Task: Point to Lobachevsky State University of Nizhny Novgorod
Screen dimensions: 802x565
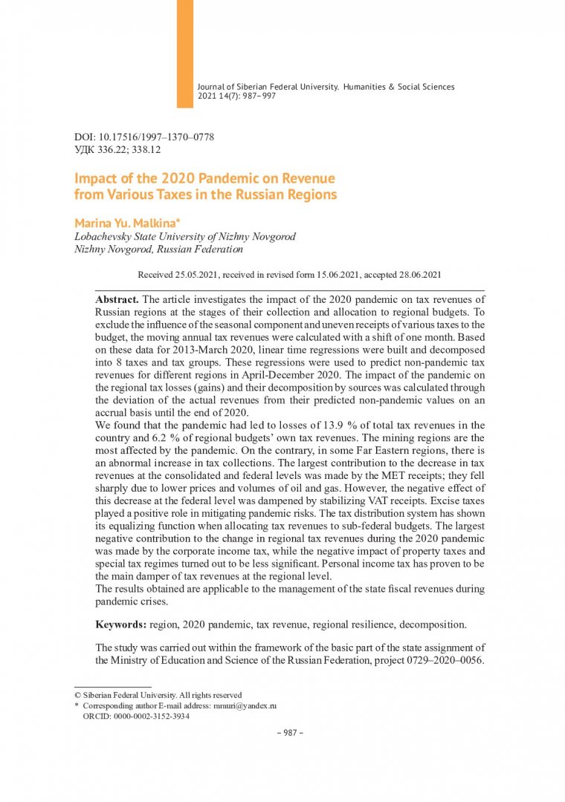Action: point(185,237)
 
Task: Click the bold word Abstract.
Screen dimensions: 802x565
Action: point(117,299)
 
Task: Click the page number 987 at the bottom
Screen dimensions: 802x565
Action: point(286,733)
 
